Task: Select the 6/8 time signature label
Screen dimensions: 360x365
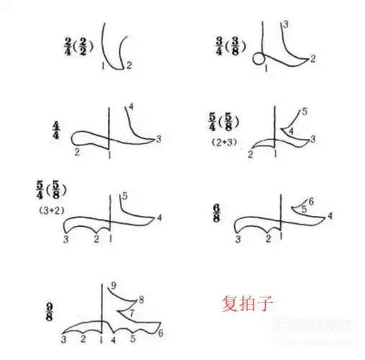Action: pyautogui.click(x=216, y=213)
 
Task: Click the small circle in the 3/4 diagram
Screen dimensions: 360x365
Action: pyautogui.click(x=258, y=60)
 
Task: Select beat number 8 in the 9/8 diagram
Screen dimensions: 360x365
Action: pyautogui.click(x=141, y=299)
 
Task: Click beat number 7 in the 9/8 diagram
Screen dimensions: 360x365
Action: pyautogui.click(x=130, y=312)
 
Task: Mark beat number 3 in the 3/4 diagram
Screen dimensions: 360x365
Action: pyautogui.click(x=287, y=24)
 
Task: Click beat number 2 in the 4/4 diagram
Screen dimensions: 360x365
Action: pyautogui.click(x=76, y=152)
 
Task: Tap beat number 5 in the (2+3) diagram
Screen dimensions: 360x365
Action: pyautogui.click(x=305, y=111)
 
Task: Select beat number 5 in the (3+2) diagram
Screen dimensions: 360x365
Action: pyautogui.click(x=125, y=196)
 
